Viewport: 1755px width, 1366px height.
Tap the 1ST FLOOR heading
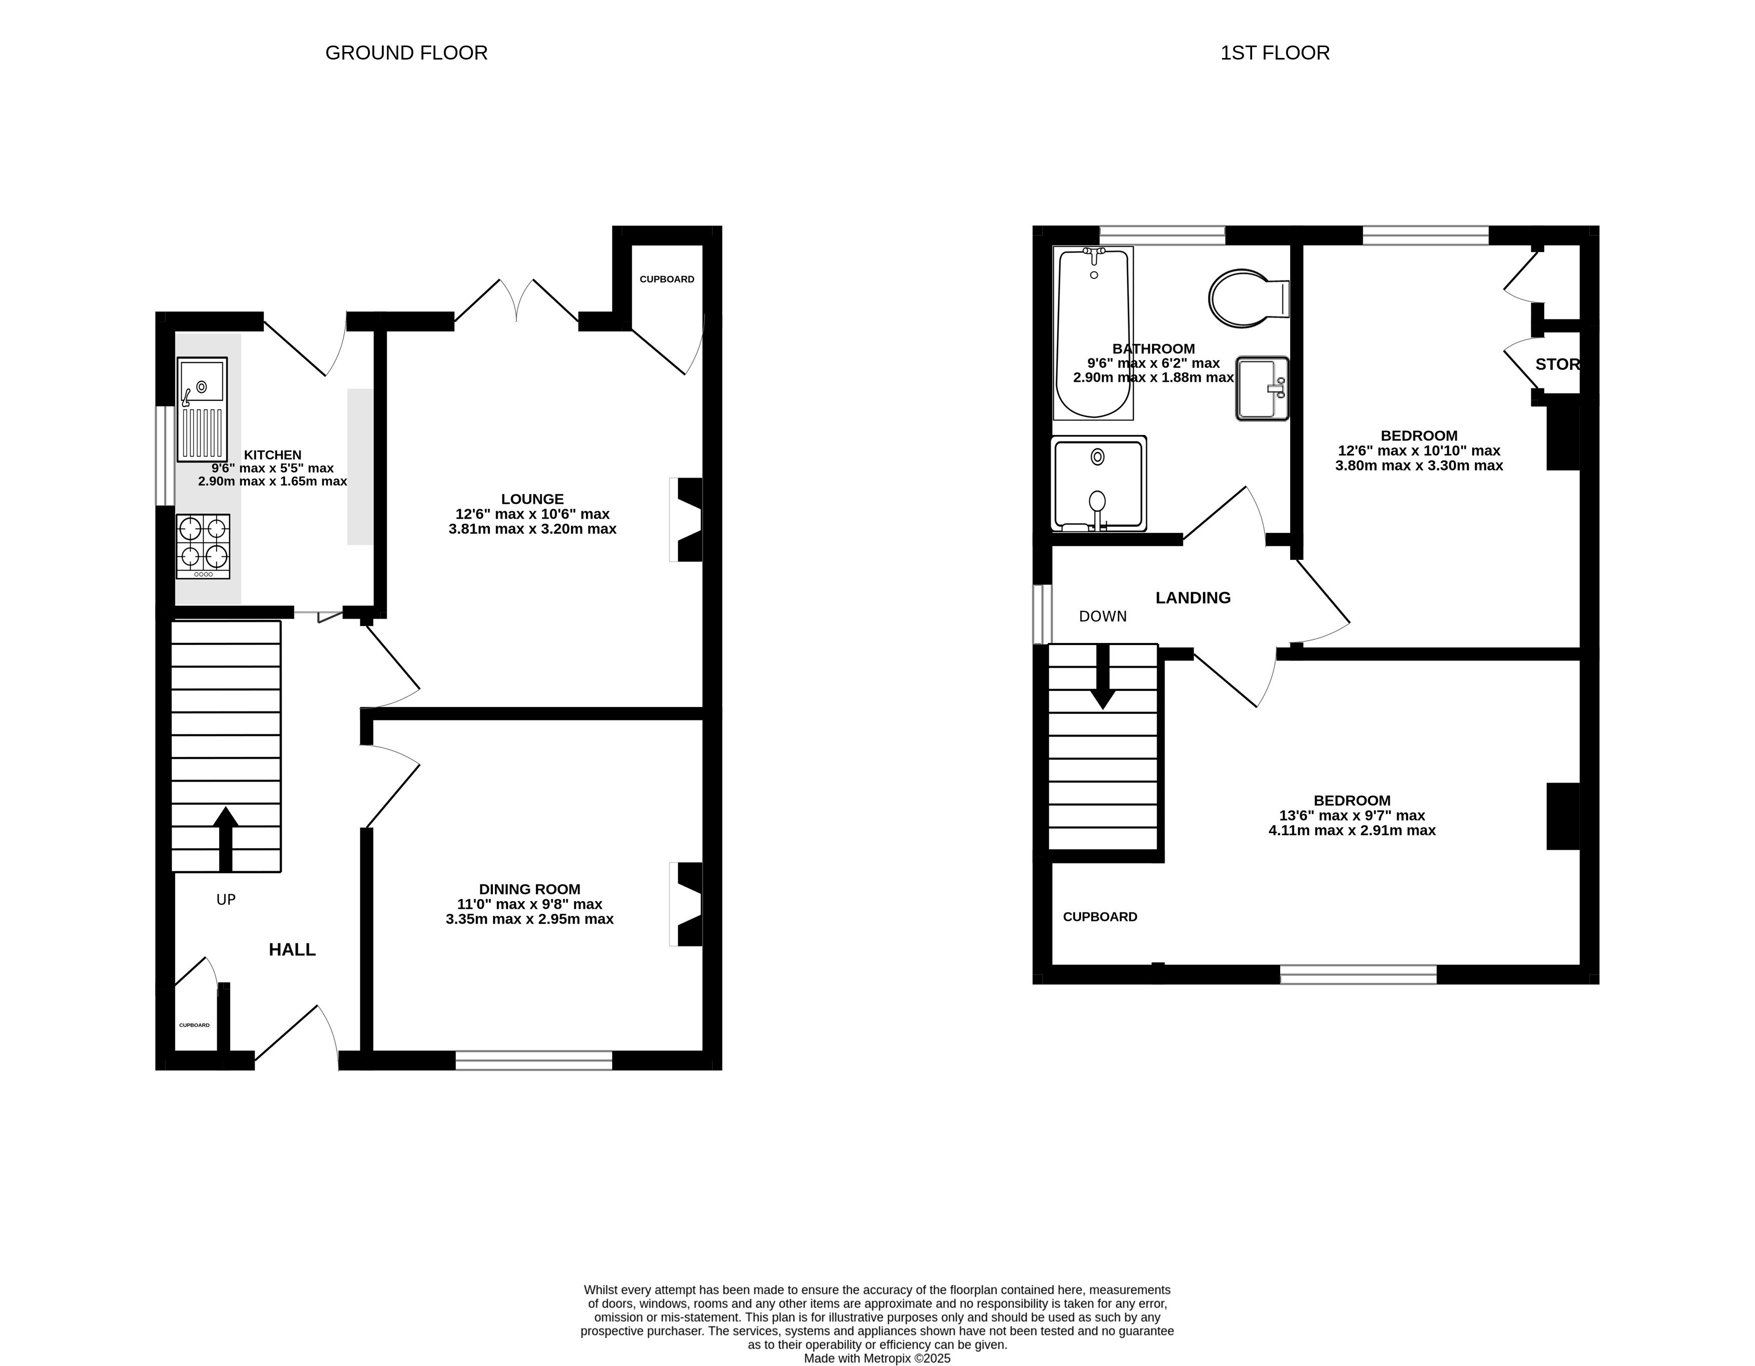pos(1275,53)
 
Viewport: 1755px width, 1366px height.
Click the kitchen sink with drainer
pos(203,410)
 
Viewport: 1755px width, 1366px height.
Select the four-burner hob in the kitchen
pos(203,546)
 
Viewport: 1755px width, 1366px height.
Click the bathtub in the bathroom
pos(1093,333)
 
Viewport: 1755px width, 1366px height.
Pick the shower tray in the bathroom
pos(1098,484)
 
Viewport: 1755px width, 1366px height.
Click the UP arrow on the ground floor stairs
pos(226,839)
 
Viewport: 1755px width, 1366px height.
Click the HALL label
pos(292,950)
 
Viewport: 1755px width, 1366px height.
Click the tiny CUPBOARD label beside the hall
pos(195,1025)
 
